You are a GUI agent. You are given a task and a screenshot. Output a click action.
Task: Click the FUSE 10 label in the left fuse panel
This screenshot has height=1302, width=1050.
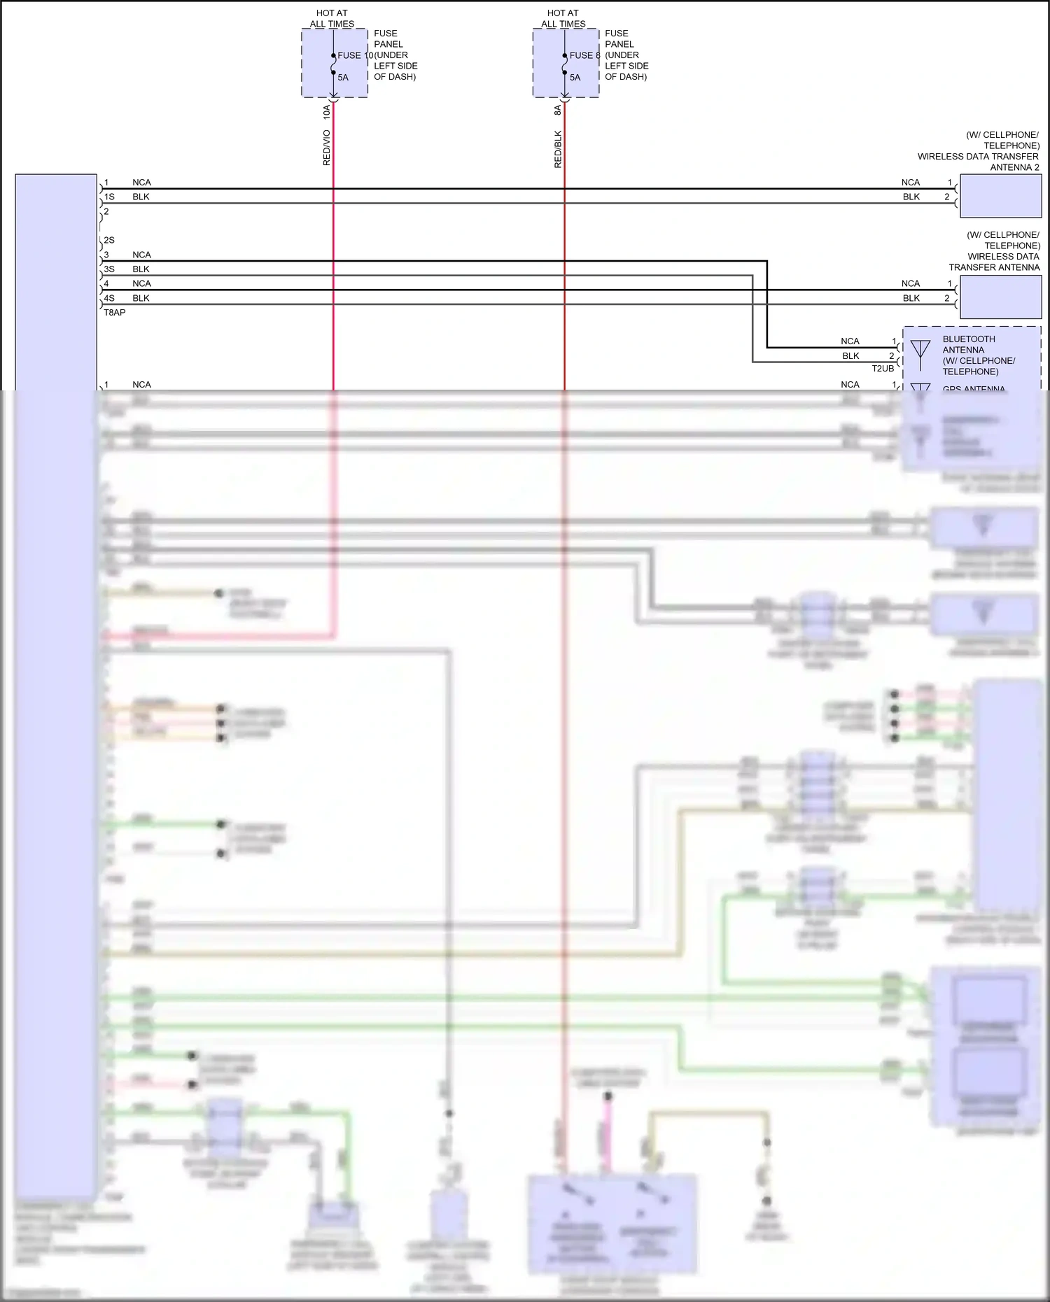354,55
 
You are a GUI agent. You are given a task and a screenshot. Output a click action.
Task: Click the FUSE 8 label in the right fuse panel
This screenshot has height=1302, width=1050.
584,55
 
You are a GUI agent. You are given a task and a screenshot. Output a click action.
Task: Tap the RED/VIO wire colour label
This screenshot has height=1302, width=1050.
326,148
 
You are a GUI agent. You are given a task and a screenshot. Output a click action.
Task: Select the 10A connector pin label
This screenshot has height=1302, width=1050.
326,111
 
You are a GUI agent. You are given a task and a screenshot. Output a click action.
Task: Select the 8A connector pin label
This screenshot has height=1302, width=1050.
558,111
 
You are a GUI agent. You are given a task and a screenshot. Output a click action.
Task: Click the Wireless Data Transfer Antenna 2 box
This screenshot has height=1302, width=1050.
1000,196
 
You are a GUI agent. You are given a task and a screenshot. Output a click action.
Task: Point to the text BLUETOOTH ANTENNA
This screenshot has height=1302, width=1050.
968,344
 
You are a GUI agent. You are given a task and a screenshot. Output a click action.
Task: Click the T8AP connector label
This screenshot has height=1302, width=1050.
115,313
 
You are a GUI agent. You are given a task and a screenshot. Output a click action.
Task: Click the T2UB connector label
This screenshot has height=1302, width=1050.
883,368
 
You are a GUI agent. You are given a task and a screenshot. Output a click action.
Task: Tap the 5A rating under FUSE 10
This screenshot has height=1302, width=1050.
343,78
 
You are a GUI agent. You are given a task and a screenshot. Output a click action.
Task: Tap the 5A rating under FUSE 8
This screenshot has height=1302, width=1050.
575,78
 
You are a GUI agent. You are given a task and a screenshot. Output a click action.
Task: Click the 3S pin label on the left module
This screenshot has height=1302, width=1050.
109,269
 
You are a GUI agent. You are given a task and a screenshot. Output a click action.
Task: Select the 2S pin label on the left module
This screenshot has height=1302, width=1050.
109,240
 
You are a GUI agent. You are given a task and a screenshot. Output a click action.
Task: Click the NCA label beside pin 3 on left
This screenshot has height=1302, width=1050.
141,255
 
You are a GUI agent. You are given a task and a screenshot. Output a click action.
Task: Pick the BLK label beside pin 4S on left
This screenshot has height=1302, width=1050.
141,298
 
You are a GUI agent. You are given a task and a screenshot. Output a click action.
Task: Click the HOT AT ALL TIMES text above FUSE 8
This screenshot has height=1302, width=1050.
563,18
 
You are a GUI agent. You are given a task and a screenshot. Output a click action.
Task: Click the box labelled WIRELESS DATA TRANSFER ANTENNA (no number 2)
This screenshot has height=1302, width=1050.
1000,297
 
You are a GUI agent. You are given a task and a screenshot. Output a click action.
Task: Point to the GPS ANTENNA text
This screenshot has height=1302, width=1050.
973,388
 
